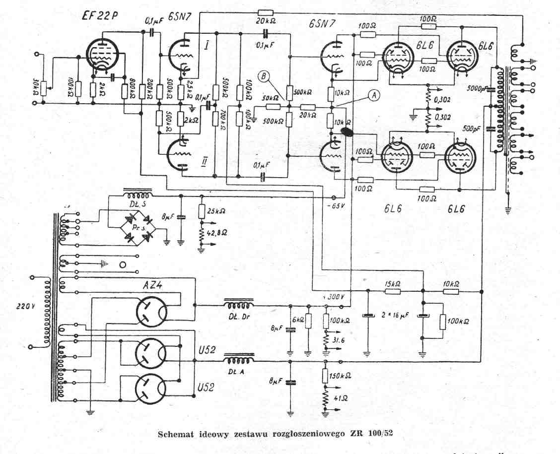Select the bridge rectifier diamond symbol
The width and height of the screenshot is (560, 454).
[x=137, y=227]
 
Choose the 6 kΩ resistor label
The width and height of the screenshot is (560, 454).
[x=301, y=320]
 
